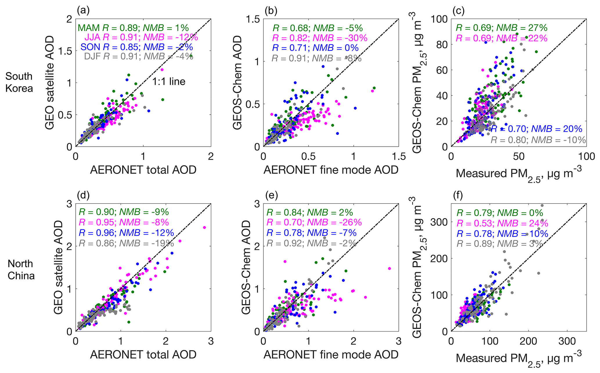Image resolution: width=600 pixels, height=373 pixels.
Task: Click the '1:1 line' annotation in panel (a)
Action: point(169,81)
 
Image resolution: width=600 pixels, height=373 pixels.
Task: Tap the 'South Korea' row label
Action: point(19,82)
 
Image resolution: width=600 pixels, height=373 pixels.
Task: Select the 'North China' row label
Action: point(21,270)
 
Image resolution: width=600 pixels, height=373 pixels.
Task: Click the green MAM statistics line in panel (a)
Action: point(133,28)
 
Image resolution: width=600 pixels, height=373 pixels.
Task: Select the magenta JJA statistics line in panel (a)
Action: point(141,38)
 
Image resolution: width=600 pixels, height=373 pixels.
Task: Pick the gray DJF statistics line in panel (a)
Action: point(138,56)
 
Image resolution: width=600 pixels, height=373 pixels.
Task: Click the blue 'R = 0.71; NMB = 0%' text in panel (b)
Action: point(315,48)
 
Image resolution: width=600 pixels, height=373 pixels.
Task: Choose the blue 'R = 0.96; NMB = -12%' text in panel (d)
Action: point(126,233)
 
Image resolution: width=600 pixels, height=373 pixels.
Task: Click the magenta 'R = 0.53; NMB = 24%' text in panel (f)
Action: point(502,223)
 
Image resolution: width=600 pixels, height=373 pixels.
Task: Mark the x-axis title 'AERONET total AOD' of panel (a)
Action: point(143,170)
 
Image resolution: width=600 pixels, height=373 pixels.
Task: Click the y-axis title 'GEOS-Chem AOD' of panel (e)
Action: point(246,267)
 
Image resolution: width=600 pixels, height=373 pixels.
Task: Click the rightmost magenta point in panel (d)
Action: point(204,227)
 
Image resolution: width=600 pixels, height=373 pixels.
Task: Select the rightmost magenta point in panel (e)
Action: point(389,268)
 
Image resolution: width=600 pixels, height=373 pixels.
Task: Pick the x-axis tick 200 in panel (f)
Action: point(528,341)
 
